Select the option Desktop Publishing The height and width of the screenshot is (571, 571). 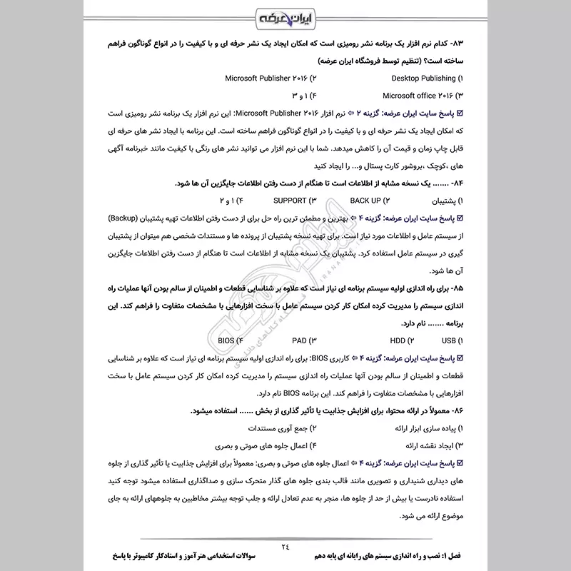point(423,78)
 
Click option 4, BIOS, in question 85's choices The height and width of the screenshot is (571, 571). point(230,340)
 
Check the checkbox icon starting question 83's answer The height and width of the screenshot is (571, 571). point(460,113)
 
